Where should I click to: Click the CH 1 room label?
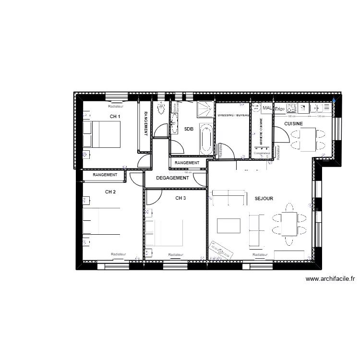tap(115, 117)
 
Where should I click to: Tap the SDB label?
tap(189, 129)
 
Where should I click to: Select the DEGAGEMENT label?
tap(173, 178)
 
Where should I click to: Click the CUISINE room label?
tap(293, 123)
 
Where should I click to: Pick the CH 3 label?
tap(180, 198)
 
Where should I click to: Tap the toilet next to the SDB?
tap(161, 109)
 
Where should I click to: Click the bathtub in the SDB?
tap(206, 139)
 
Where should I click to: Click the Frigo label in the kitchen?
tap(280, 109)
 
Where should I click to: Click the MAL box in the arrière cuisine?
tap(267, 109)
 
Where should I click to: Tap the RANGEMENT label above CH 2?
tap(105, 175)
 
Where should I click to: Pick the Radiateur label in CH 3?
tap(175, 254)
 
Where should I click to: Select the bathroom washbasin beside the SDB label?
tap(175, 115)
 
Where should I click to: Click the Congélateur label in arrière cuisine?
tap(262, 153)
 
